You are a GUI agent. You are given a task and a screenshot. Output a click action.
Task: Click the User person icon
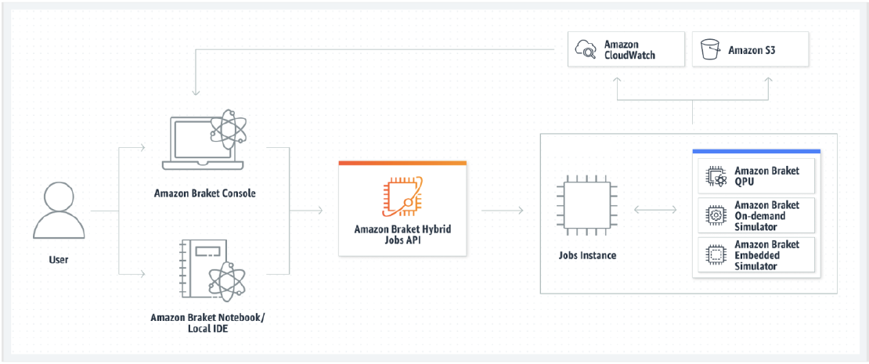pos(59,211)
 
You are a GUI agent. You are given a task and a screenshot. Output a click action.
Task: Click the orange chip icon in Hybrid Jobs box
pos(402,196)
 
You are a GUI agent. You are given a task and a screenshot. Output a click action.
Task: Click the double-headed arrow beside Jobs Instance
pos(655,211)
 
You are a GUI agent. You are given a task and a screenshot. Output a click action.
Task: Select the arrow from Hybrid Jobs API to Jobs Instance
pos(502,211)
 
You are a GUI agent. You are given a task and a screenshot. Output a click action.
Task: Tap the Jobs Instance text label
pos(588,255)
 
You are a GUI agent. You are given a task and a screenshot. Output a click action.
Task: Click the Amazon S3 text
pos(752,50)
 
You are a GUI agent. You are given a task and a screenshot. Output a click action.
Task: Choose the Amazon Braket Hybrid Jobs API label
pos(402,234)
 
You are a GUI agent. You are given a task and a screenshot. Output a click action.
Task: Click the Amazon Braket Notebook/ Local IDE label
pos(207,323)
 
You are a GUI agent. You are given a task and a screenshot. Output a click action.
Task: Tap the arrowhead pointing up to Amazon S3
pos(768,81)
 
